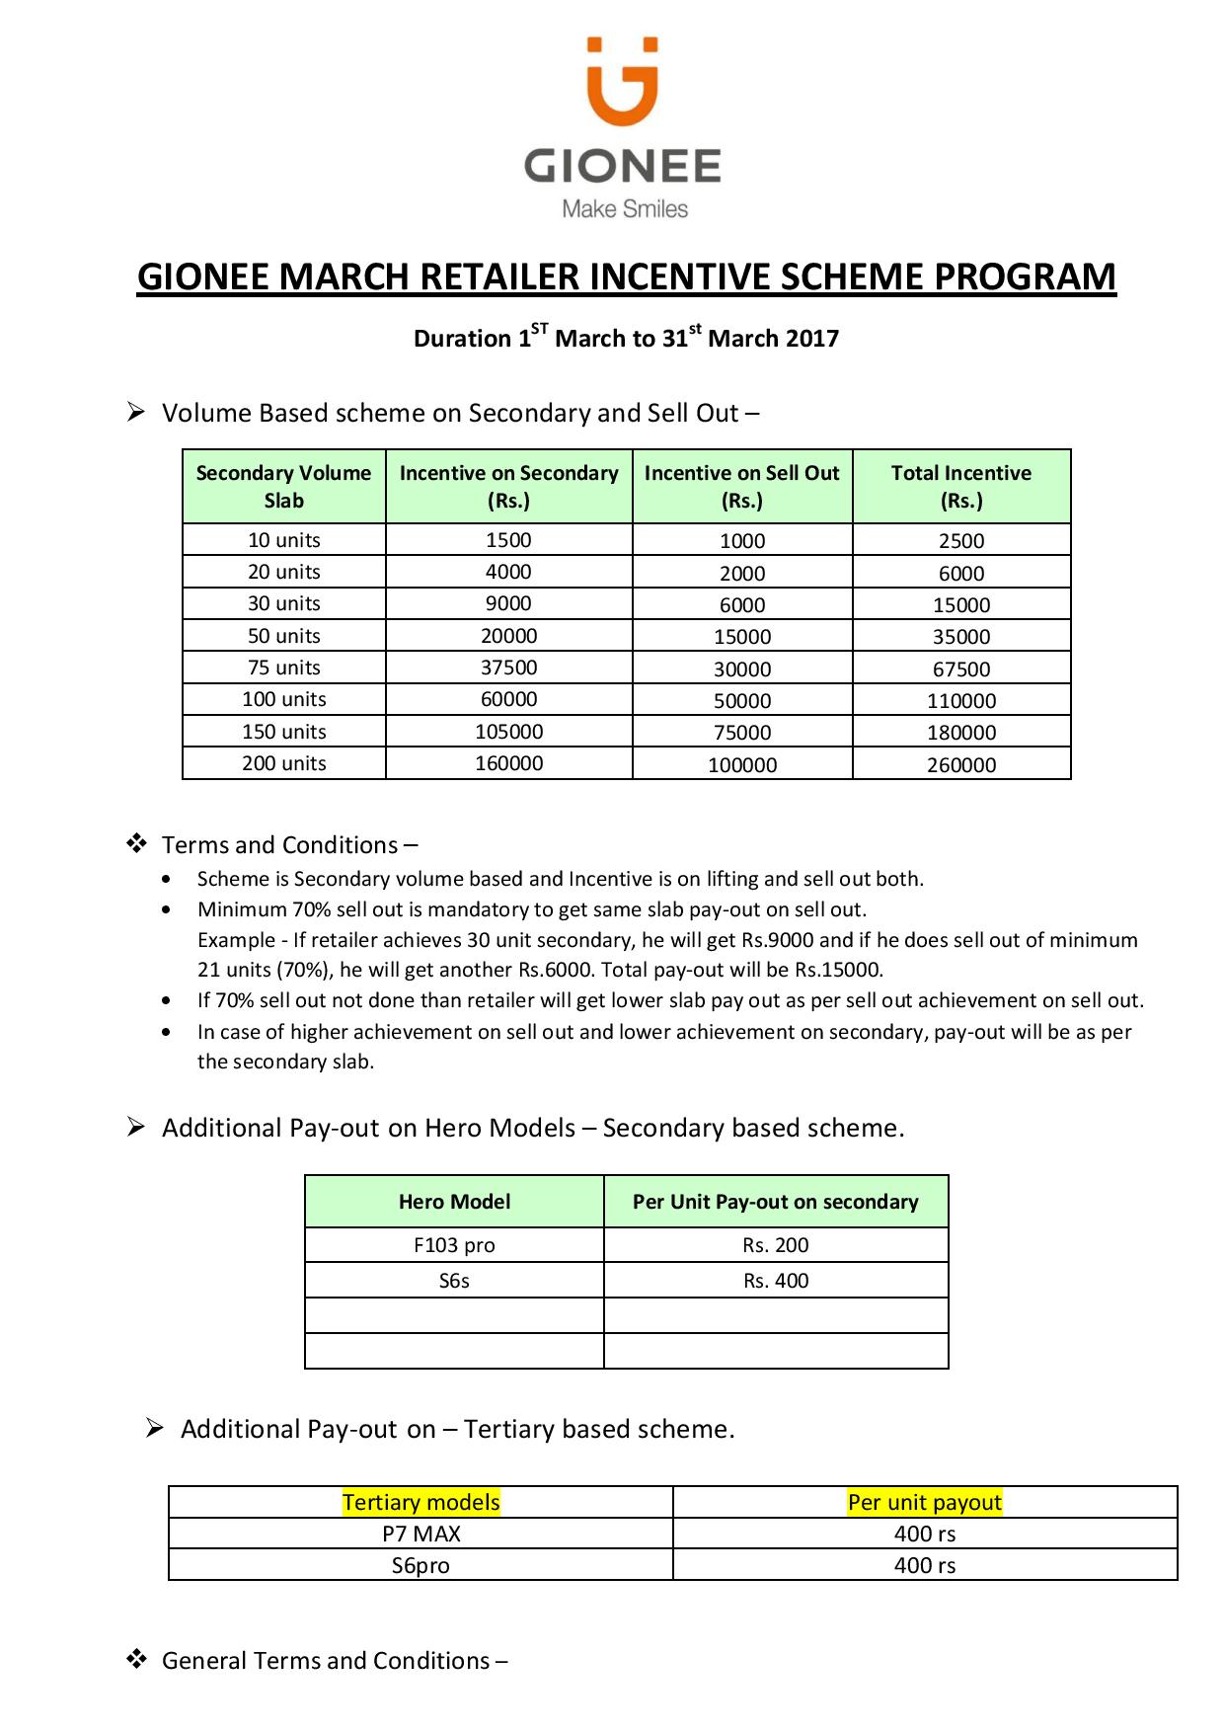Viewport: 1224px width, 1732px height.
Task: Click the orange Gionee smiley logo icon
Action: point(622,83)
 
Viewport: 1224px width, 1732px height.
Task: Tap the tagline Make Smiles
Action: point(625,209)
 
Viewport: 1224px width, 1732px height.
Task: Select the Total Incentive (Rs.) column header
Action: point(960,487)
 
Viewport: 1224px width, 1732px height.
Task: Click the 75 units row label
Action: point(284,668)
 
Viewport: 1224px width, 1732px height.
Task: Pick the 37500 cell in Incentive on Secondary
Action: point(508,668)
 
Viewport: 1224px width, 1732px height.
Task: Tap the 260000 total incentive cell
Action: point(960,764)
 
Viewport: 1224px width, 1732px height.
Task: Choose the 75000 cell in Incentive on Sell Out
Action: point(742,733)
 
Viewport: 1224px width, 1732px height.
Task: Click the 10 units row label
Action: point(284,540)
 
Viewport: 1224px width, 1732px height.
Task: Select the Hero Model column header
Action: point(454,1202)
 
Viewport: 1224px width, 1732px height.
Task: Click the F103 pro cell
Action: point(454,1245)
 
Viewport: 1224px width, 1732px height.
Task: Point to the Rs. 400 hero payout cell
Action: point(776,1281)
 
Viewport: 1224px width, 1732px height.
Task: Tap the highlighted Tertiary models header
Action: point(421,1502)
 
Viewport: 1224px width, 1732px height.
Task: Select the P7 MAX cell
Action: point(421,1534)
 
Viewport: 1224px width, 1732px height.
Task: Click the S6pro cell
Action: point(421,1565)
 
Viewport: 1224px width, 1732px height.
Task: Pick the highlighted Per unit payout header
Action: point(924,1502)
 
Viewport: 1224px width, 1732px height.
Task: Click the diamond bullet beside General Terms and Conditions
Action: point(136,1659)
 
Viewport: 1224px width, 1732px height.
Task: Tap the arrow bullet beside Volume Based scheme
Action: point(136,412)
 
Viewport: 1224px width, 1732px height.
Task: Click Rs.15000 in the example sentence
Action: point(838,970)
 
